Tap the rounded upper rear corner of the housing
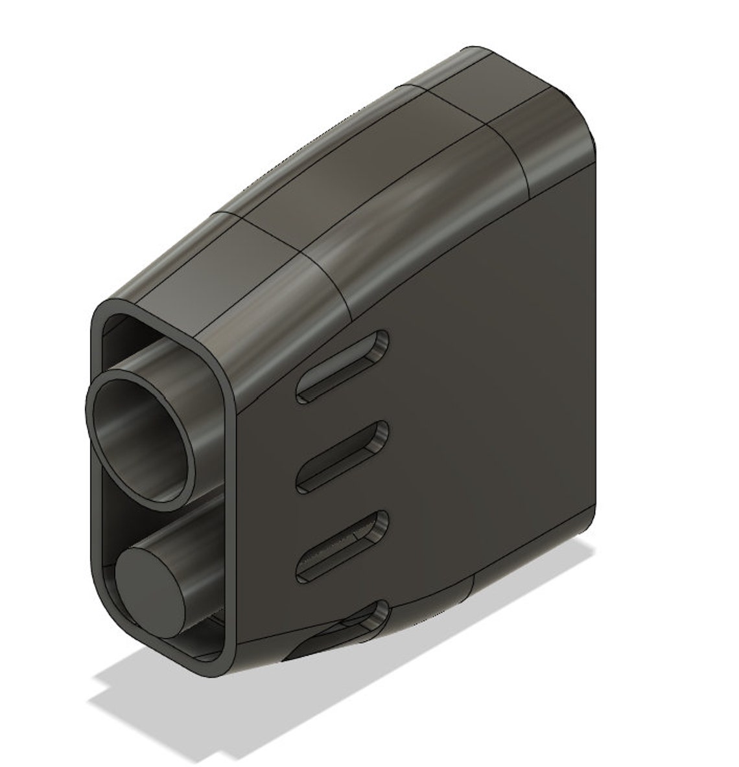[570, 117]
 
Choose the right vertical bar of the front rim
[229, 518]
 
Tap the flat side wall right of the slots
[493, 421]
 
